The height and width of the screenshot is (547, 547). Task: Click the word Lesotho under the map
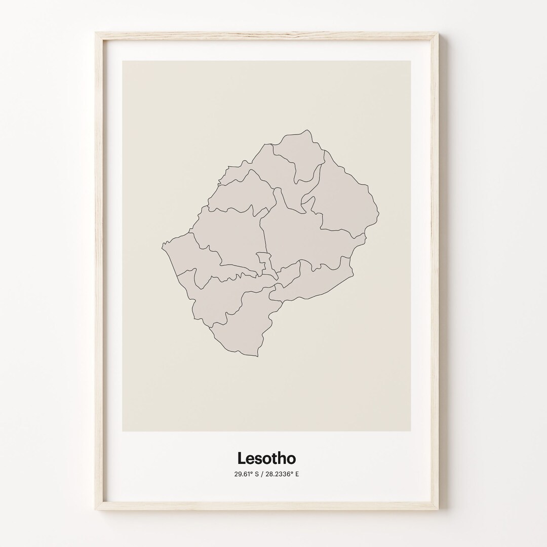coord(266,458)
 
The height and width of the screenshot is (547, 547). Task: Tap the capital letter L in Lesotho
coord(242,458)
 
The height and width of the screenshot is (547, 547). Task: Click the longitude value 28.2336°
coord(279,475)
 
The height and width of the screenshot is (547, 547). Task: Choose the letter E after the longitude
coord(297,475)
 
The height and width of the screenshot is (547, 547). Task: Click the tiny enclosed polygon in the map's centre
coord(263,261)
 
